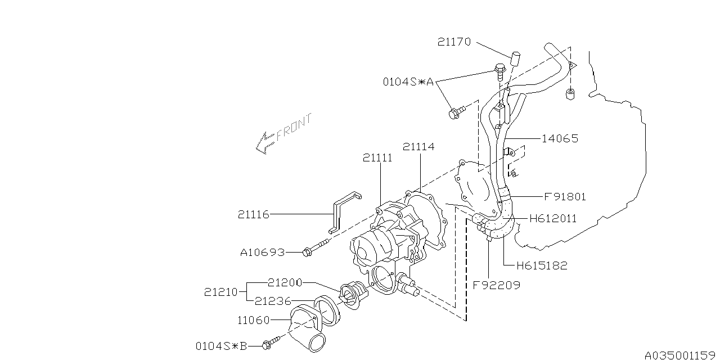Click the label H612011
pos(553,219)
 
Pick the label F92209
pos(496,285)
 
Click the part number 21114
pos(418,147)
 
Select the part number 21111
pos(377,158)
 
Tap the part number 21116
pos(253,214)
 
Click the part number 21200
pos(285,282)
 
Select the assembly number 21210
pos(220,292)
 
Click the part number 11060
pos(253,320)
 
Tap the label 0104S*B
pos(221,345)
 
